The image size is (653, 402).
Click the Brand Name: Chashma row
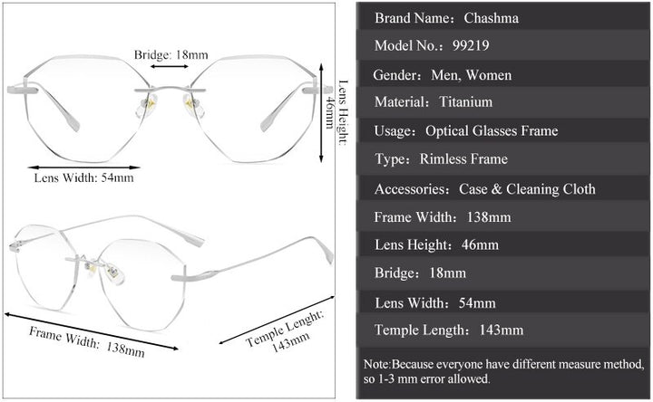[x=503, y=17]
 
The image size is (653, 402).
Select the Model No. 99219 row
[x=503, y=45]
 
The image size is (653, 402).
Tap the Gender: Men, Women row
[x=503, y=74]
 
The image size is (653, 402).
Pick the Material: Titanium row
[x=503, y=102]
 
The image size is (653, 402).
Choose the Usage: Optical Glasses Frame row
[x=503, y=131]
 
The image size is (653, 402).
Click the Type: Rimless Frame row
[x=503, y=159]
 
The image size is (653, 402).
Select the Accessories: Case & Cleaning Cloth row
[x=503, y=188]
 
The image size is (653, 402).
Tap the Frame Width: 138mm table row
[x=503, y=216]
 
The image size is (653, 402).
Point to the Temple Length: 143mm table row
[x=503, y=330]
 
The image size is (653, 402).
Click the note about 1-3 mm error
[x=503, y=371]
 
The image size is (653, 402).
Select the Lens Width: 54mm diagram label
[x=83, y=177]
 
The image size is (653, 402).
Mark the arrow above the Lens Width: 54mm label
[x=83, y=167]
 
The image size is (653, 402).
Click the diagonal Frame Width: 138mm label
[x=86, y=339]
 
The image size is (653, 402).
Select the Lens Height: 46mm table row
[x=503, y=244]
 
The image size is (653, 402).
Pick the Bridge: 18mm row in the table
[x=503, y=273]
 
